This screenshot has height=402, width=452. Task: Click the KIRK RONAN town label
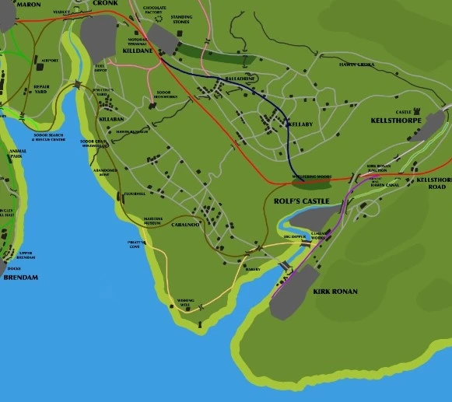[x=335, y=292]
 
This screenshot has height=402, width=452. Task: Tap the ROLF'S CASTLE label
[x=302, y=201]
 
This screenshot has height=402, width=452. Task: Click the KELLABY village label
[x=300, y=124]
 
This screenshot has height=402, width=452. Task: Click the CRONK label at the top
[x=105, y=3]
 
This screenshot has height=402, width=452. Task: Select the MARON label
[x=28, y=4]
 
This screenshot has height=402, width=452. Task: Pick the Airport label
[x=50, y=60]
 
